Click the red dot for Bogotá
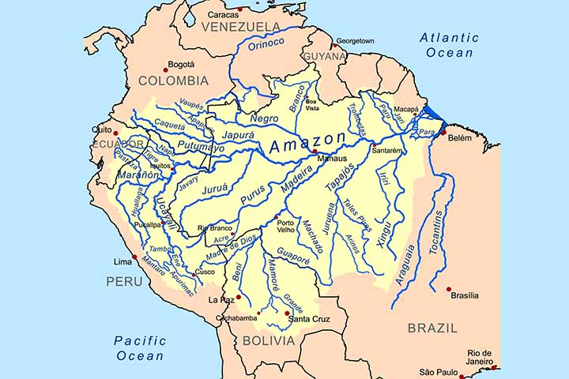tap(166, 68)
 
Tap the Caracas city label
tap(224, 15)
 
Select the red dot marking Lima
tap(135, 257)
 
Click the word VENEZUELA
tap(241, 27)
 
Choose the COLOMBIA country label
tap(173, 81)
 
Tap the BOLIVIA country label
tap(269, 341)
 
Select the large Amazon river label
tap(308, 145)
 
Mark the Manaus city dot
tap(315, 152)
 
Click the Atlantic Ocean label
tap(449, 45)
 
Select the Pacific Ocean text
tap(140, 348)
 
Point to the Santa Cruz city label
tap(309, 319)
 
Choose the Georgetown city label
tap(355, 41)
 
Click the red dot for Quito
tap(115, 133)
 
